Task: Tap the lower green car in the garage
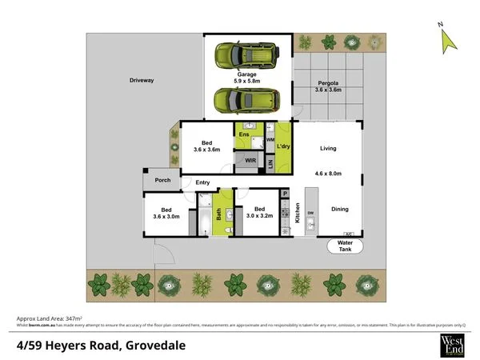(246, 101)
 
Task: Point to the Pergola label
(329, 82)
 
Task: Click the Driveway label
(142, 81)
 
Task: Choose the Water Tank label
(345, 246)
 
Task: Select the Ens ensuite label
(243, 134)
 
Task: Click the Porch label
(163, 180)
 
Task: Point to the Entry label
(202, 182)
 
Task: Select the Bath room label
(218, 213)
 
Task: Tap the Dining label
(340, 209)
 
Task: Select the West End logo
(452, 344)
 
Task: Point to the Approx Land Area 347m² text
(48, 318)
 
